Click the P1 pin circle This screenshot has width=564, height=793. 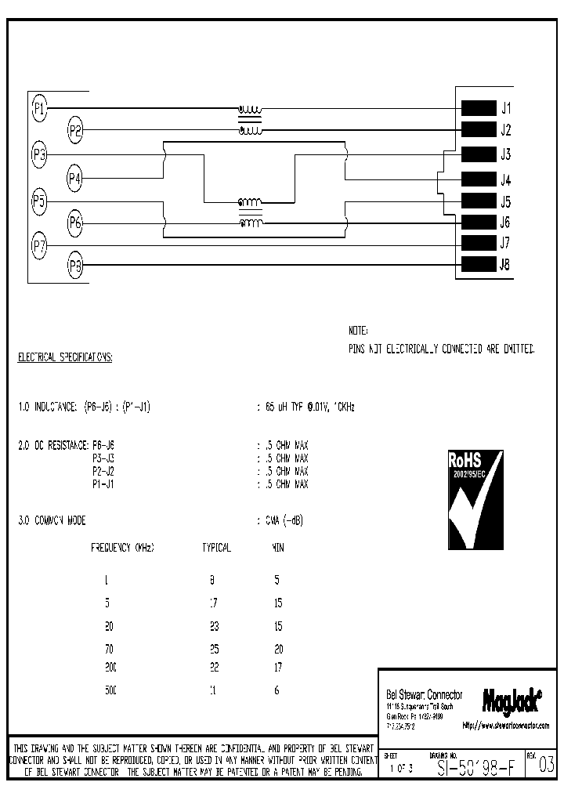(x=39, y=107)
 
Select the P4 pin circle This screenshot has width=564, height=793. (x=75, y=179)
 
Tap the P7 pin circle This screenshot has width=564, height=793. (x=39, y=247)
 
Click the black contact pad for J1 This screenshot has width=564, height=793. (x=479, y=108)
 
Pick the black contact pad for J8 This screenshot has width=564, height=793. (x=479, y=264)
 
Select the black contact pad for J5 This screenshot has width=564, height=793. (x=479, y=200)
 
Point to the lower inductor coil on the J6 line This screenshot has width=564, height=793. (x=251, y=224)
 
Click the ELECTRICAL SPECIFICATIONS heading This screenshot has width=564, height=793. (x=65, y=357)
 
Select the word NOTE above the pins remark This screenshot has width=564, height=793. (x=358, y=331)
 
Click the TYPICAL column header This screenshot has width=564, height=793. (x=216, y=548)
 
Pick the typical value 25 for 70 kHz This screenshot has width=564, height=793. (x=214, y=649)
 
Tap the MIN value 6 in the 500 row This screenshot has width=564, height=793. (x=277, y=690)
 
